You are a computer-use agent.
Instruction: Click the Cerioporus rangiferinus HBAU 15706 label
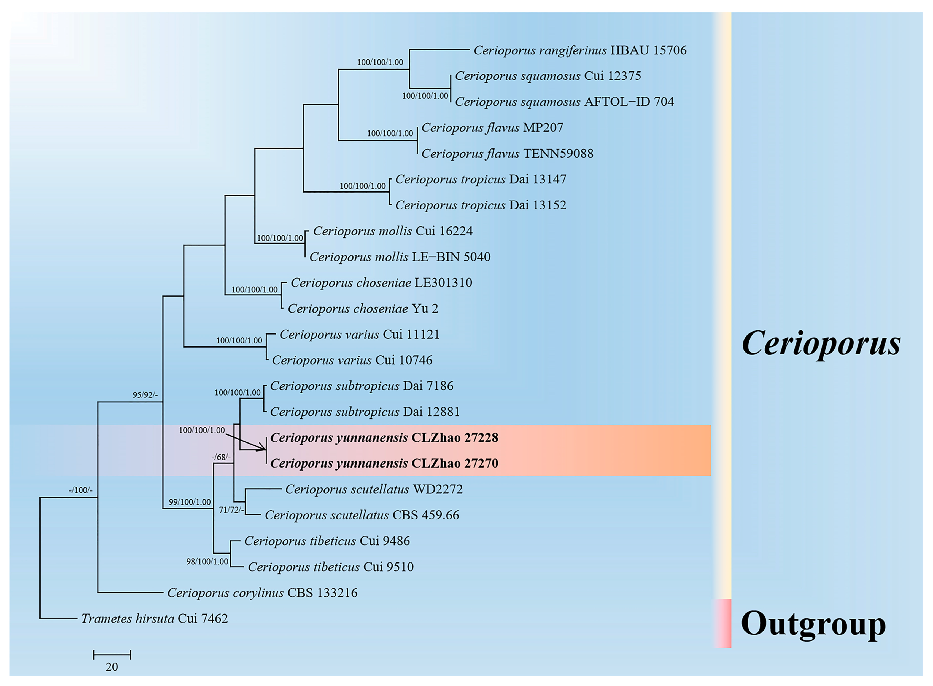(579, 50)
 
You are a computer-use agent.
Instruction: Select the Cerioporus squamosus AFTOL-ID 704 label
(564, 102)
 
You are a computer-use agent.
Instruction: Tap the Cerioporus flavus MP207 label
(492, 127)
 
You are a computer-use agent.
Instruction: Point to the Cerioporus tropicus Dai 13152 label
(480, 205)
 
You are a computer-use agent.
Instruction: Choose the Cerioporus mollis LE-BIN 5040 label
(400, 257)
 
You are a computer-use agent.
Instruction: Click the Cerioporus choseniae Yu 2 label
(363, 309)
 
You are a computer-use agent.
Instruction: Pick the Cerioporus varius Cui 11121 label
(359, 334)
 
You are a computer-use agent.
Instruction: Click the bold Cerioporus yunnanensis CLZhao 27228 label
(384, 438)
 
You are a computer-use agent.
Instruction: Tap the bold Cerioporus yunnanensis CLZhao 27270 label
(384, 463)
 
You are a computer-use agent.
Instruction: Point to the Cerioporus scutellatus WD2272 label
(373, 489)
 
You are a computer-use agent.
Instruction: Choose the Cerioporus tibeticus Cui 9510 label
(331, 567)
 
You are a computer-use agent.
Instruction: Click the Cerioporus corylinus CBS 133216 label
(262, 592)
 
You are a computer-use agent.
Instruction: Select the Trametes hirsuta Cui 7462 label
(154, 619)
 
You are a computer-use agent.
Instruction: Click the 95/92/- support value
(145, 395)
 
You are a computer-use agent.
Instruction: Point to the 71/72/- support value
(231, 510)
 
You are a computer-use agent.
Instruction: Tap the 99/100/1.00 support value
(190, 502)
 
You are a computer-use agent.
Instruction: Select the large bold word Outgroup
(813, 624)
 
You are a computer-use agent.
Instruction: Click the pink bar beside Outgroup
(723, 623)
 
